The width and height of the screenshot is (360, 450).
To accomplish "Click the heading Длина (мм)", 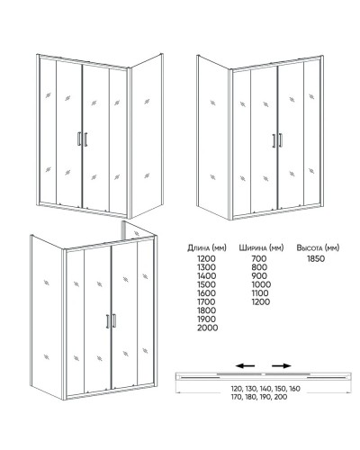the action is (x=207, y=247).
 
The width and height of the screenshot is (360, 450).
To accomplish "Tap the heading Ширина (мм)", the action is (x=261, y=247).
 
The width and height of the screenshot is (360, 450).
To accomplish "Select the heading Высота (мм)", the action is (x=318, y=247).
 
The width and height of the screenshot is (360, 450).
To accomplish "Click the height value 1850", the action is (x=316, y=258).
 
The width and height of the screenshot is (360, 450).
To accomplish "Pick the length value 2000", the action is (x=207, y=328).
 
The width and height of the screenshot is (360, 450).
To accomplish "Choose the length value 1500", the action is (x=206, y=284).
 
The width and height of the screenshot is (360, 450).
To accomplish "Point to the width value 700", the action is (x=259, y=258).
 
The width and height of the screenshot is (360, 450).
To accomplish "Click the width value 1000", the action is (x=261, y=284).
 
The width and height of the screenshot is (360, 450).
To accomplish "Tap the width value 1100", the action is (x=260, y=293).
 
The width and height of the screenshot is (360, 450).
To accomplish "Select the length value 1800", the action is (x=206, y=310).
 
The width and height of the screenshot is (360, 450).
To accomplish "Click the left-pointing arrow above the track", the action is (x=245, y=365).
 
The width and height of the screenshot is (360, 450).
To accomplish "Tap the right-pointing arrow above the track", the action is (x=282, y=365).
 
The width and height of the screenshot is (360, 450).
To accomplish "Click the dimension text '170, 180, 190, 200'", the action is (x=259, y=397).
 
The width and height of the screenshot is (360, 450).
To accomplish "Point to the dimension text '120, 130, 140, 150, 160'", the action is (x=265, y=389).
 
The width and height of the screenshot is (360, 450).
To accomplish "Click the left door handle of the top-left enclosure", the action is (x=79, y=139).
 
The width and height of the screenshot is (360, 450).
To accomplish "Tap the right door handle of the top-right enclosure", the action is (x=281, y=140).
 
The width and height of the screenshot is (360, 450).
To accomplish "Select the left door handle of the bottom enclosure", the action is (x=108, y=321).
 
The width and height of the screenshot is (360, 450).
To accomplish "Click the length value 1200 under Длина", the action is (x=206, y=258).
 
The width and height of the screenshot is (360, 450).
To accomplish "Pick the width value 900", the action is (x=259, y=275).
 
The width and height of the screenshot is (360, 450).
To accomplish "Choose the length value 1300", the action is (x=206, y=267).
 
